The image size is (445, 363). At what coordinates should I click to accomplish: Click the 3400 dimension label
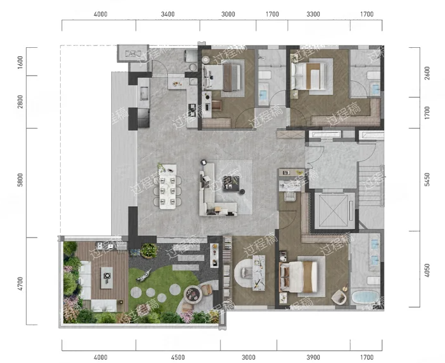(x=168, y=14)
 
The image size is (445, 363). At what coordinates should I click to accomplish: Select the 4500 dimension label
(x=178, y=357)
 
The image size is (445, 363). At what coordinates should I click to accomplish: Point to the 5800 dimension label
(x=20, y=180)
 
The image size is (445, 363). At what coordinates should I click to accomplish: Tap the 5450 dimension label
(x=427, y=179)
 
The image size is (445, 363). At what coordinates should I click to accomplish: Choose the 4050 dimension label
(x=427, y=270)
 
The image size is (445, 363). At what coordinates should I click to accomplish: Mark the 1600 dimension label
(x=20, y=62)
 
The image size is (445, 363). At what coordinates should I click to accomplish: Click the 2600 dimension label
(x=427, y=73)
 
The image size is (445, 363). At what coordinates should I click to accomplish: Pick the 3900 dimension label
(x=313, y=357)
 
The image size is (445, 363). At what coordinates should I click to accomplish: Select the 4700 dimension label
(x=20, y=284)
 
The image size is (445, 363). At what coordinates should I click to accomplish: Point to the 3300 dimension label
(x=313, y=14)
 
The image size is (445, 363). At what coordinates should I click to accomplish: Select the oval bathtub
(x=365, y=297)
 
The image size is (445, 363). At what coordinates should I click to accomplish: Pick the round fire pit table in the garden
(x=193, y=294)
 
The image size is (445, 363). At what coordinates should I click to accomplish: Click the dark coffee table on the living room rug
(x=231, y=183)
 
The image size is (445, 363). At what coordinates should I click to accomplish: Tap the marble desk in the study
(x=259, y=272)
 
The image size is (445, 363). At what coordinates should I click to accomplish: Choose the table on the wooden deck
(x=107, y=278)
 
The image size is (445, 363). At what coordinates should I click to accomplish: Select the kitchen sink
(x=144, y=93)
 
